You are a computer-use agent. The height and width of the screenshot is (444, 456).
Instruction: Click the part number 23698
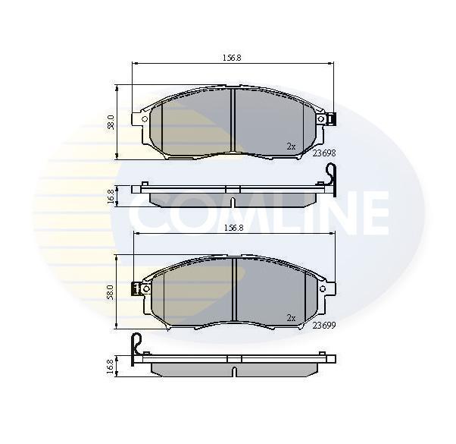324,153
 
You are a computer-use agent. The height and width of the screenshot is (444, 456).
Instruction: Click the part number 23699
324,325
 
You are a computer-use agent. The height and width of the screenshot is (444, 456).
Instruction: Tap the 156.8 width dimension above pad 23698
232,58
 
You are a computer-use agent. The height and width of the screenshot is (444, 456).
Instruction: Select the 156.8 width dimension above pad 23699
233,228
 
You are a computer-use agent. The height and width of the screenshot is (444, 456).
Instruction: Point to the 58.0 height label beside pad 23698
111,122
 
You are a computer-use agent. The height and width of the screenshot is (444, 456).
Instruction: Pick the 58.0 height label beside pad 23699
111,292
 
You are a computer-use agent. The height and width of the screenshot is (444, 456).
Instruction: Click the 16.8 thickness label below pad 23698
111,196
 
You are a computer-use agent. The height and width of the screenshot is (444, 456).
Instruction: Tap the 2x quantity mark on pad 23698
291,146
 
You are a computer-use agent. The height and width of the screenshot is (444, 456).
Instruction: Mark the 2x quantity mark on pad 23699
291,318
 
